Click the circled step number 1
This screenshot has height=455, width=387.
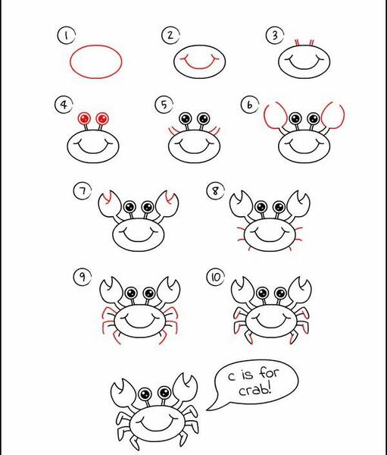click(x=66, y=36)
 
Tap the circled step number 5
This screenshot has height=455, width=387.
click(x=164, y=105)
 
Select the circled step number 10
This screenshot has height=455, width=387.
click(x=215, y=277)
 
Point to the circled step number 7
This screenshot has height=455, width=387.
click(x=83, y=191)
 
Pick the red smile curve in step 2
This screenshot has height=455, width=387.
click(x=199, y=67)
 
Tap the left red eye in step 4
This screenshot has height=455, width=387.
click(x=84, y=118)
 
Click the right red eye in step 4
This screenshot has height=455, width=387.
click(x=102, y=118)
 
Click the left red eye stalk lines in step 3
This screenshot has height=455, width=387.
click(x=297, y=43)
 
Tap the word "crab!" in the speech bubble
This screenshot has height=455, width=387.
click(x=255, y=390)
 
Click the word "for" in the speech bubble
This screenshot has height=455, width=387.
click(x=268, y=372)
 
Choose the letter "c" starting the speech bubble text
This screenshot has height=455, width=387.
click(x=231, y=377)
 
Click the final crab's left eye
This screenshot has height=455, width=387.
click(x=145, y=394)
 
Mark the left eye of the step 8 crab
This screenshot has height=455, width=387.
click(x=261, y=207)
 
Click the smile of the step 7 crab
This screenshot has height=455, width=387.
click(x=139, y=240)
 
